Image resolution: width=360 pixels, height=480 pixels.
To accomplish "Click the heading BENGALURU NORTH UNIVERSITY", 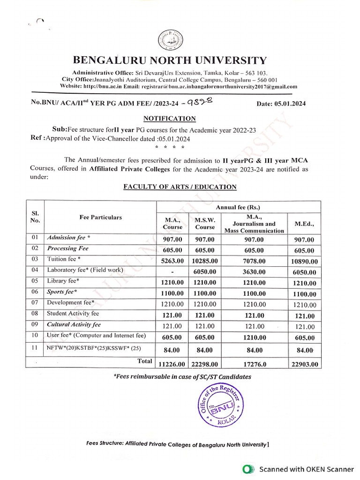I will pos(169,60).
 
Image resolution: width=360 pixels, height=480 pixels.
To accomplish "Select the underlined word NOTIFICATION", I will pos(169,119).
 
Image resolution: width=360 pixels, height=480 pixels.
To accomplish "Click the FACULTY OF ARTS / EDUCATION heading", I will pos(180,187).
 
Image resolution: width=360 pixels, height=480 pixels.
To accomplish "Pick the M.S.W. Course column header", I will pos(204,223).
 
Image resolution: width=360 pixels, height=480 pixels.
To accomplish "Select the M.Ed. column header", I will pos(304,224).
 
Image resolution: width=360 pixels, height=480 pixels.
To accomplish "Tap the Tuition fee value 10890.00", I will pos(304,262).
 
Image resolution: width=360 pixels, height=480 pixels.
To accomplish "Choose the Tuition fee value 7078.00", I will pos(254,261).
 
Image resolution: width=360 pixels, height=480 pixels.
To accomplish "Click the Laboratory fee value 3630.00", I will pos(254,272).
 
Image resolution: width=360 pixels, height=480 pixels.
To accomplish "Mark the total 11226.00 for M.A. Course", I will pos(171,364).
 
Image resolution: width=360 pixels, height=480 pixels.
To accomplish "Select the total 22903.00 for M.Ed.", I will pos(304,364).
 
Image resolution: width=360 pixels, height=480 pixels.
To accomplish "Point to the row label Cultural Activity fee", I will pos(74,324).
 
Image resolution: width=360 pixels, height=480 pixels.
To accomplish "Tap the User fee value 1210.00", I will pos(254,337).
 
